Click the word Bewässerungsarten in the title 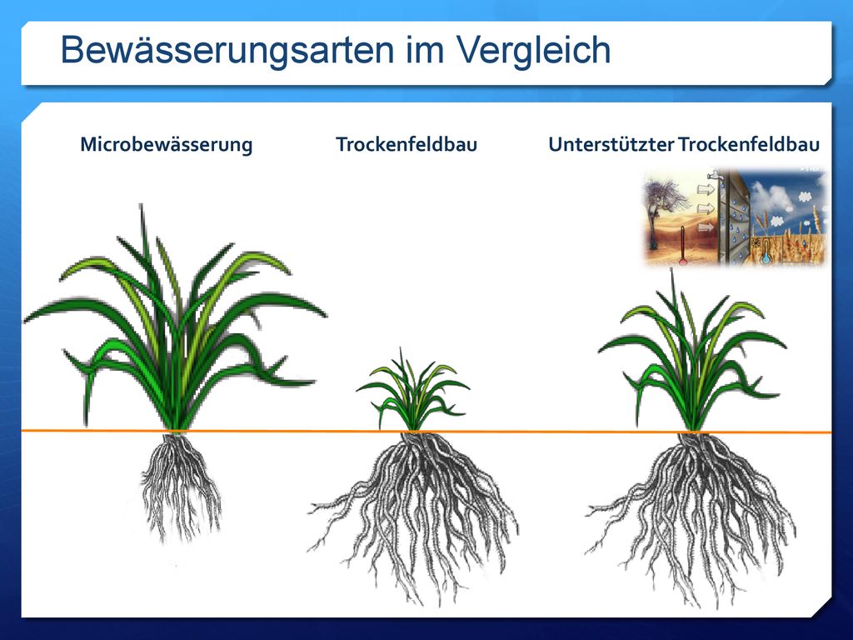tap(228, 51)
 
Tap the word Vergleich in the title tap(533, 51)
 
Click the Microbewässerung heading tap(167, 145)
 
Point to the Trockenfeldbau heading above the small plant tap(407, 144)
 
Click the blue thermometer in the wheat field tap(766, 251)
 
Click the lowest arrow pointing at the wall tap(706, 226)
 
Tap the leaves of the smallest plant tap(412, 391)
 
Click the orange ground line tap(426, 432)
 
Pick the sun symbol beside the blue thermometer tap(756, 242)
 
